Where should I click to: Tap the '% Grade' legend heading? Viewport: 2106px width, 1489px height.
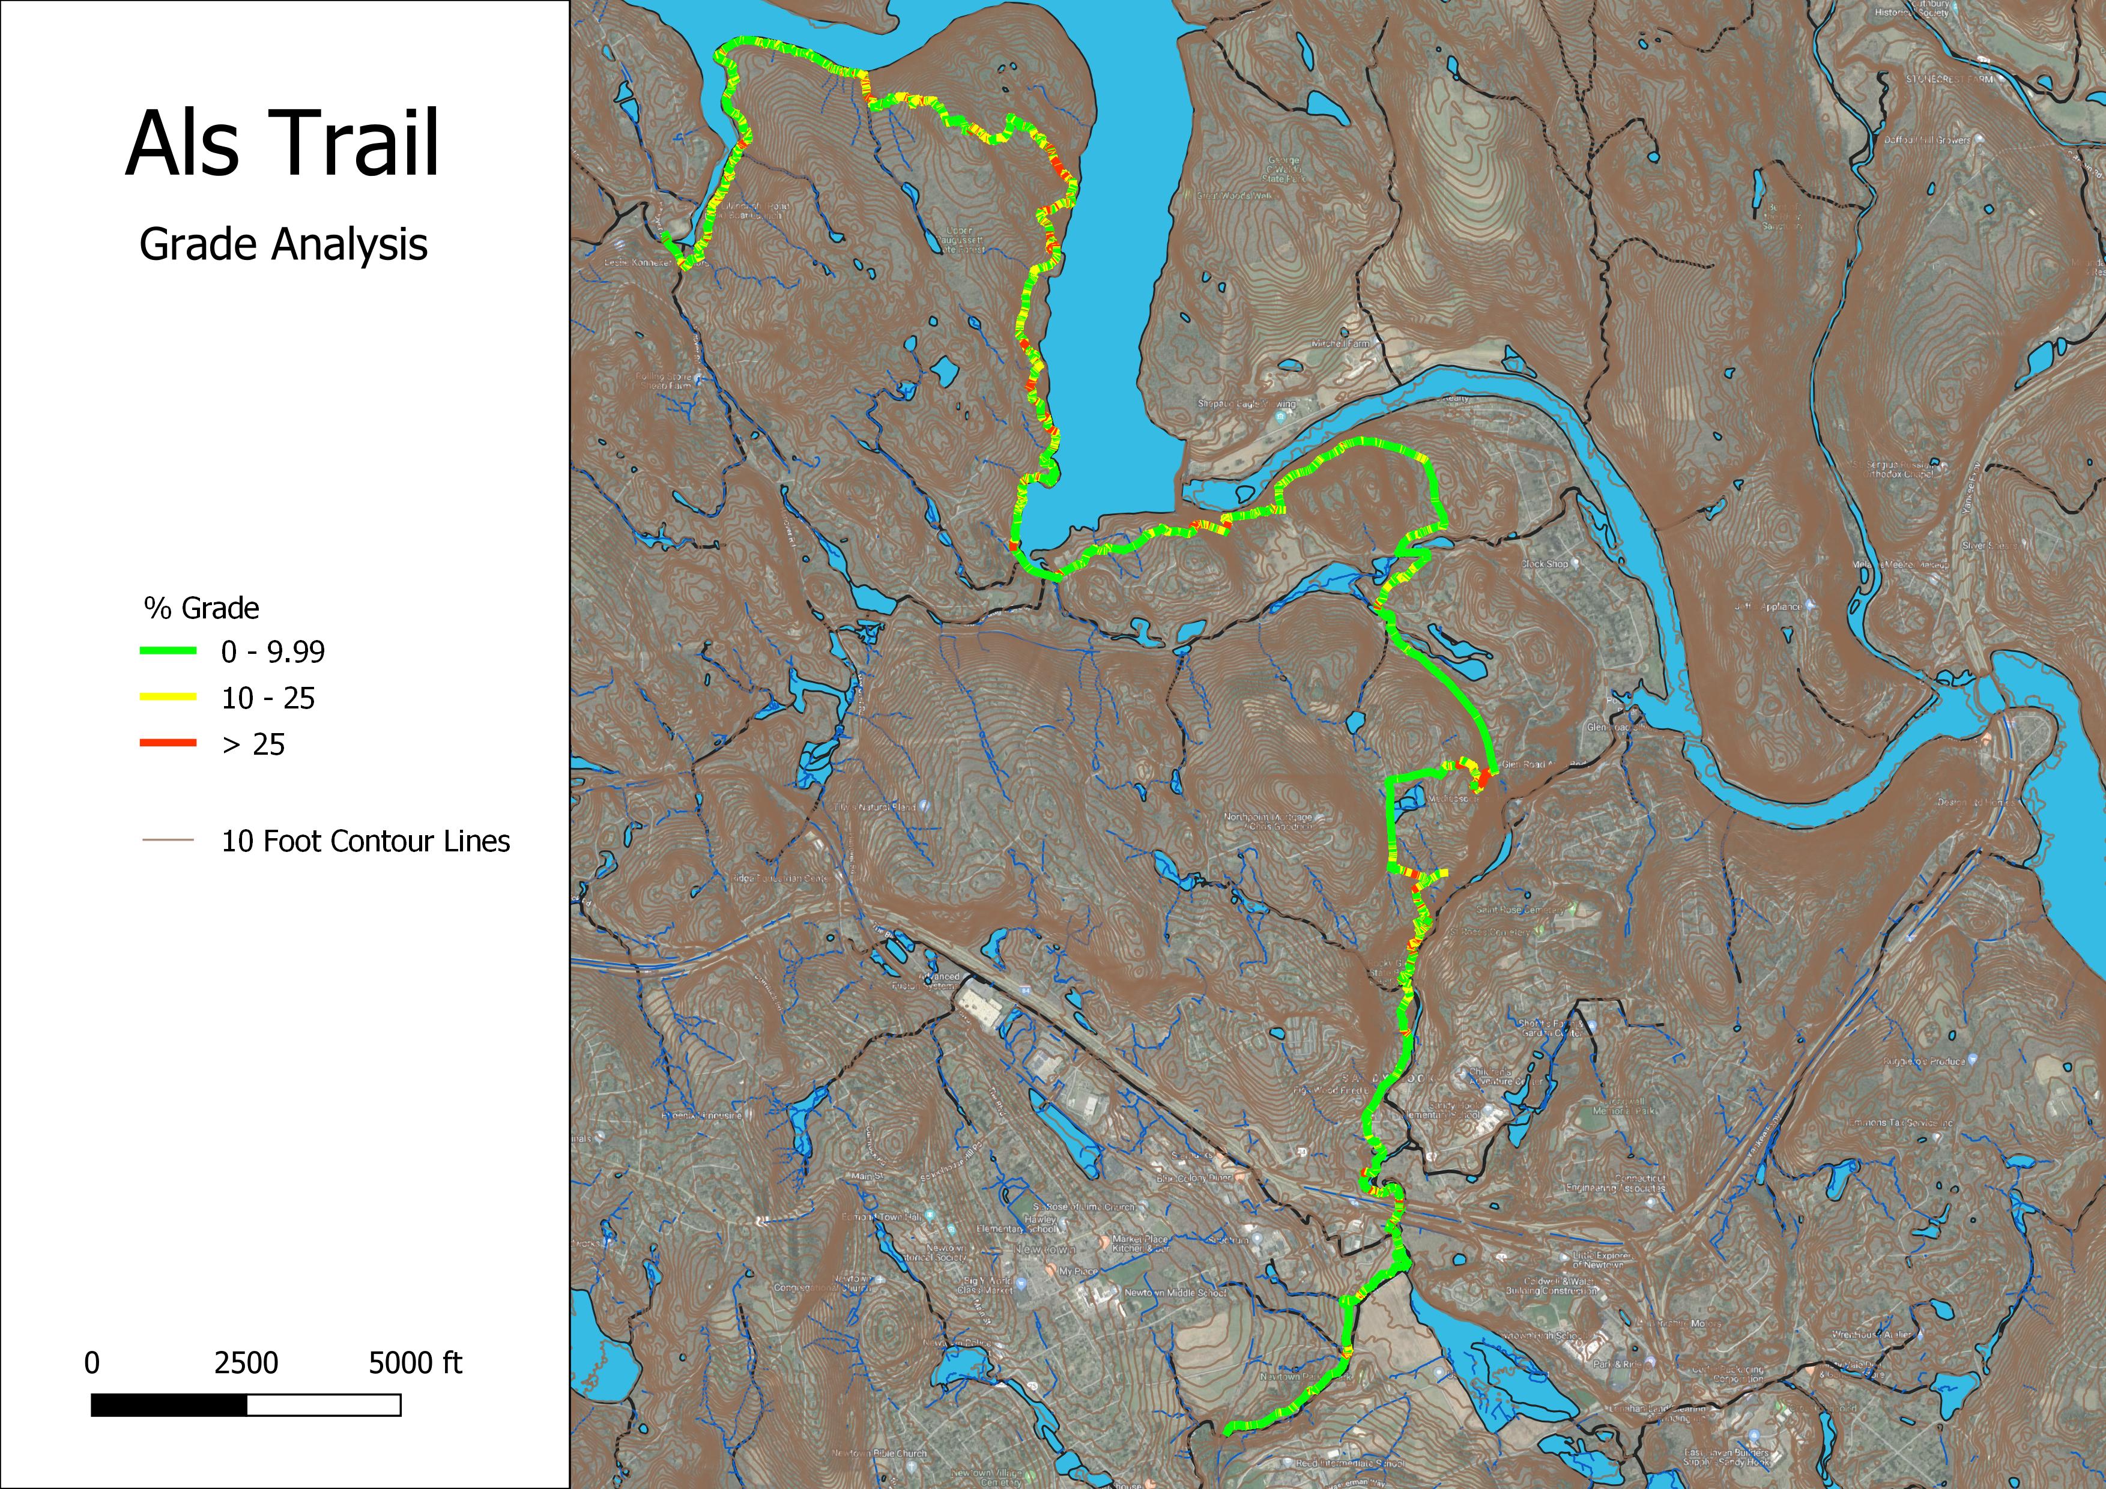pos(201,608)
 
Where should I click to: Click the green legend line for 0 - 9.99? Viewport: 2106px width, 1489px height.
pos(168,651)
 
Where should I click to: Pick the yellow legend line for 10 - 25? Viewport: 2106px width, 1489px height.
pos(168,698)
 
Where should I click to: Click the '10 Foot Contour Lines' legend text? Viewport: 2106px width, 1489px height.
pos(365,841)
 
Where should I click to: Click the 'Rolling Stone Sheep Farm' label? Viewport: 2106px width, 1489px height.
pos(667,381)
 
